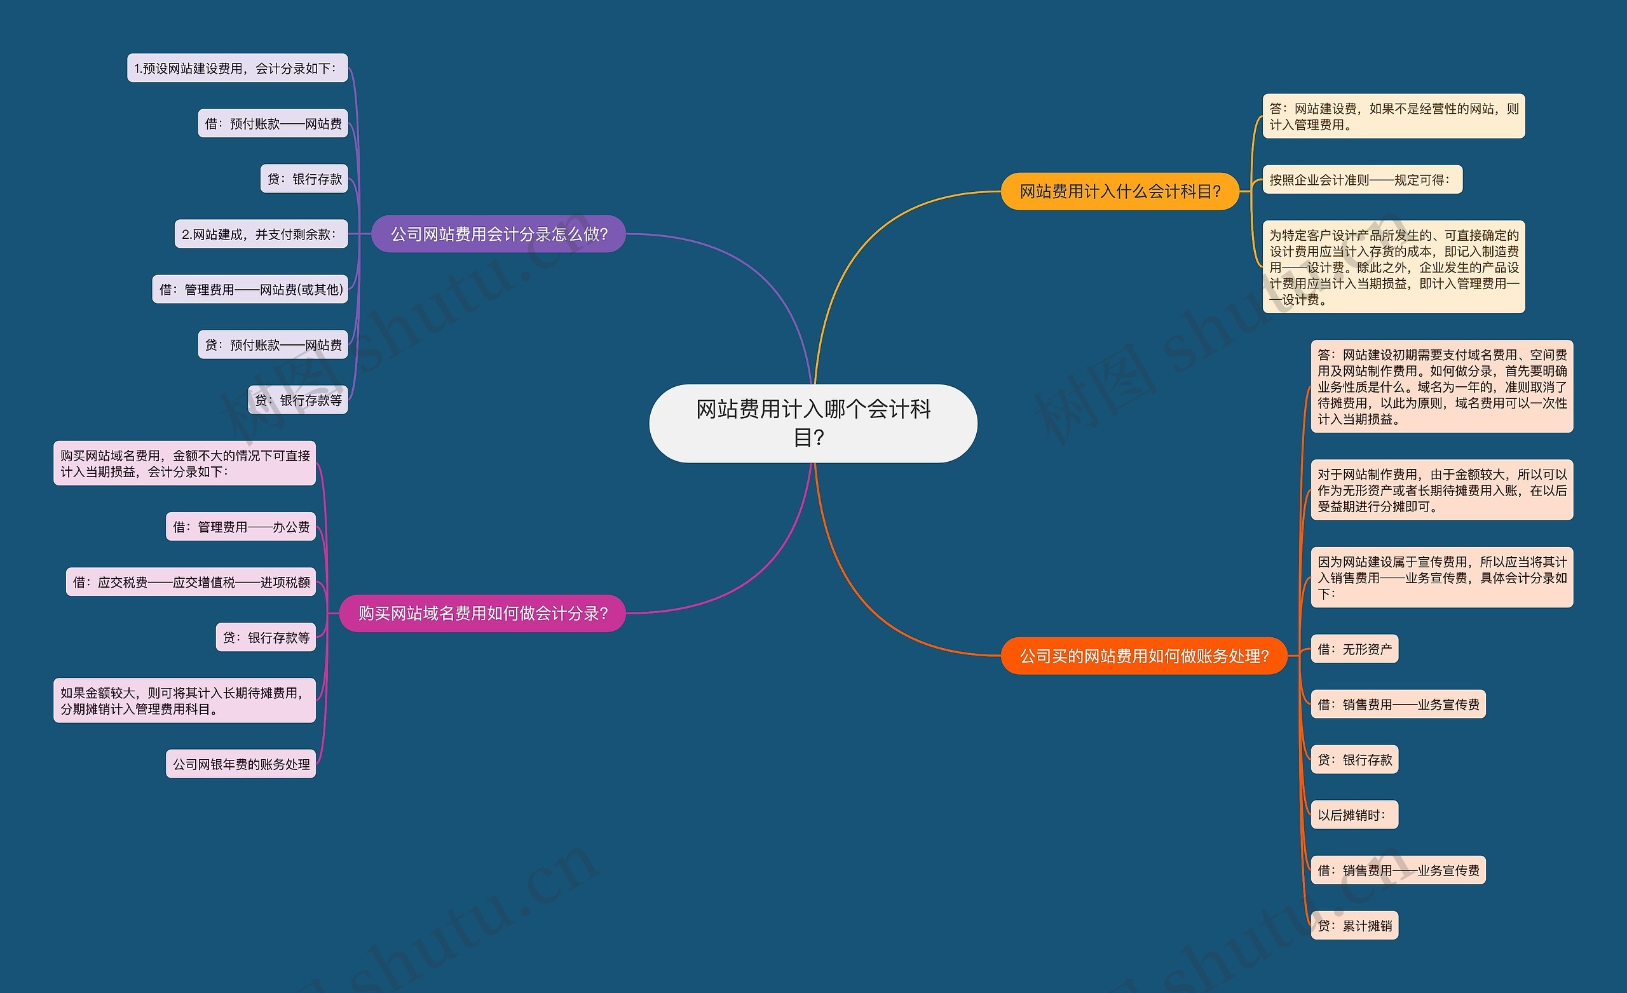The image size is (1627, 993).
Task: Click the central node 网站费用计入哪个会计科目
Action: point(813,423)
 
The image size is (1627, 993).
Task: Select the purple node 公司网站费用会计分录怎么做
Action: point(498,234)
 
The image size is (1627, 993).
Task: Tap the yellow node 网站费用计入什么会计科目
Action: point(1120,191)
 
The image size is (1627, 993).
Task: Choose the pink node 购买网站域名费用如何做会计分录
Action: point(482,613)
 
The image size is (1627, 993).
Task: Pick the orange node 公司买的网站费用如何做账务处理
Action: point(1145,656)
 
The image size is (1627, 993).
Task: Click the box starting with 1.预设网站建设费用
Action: point(237,68)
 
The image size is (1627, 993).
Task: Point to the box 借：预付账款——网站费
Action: point(273,123)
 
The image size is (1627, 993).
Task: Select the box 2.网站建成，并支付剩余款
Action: point(261,234)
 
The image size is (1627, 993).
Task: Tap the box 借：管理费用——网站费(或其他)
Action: point(250,289)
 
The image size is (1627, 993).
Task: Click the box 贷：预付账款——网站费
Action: point(273,344)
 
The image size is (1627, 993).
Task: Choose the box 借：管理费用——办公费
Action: point(241,526)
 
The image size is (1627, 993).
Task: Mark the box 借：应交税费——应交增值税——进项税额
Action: point(191,582)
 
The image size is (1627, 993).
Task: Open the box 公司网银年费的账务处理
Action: point(241,764)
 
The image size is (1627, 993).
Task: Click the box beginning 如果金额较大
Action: point(185,701)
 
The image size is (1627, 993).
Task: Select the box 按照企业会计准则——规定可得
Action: point(1362,180)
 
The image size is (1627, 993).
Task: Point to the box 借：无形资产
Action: point(1354,649)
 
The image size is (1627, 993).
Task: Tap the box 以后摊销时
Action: point(1354,814)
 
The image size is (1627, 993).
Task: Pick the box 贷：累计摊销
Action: point(1354,925)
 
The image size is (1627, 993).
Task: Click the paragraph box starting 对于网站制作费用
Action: point(1442,490)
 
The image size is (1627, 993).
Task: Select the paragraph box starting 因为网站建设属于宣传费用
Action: point(1442,577)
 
